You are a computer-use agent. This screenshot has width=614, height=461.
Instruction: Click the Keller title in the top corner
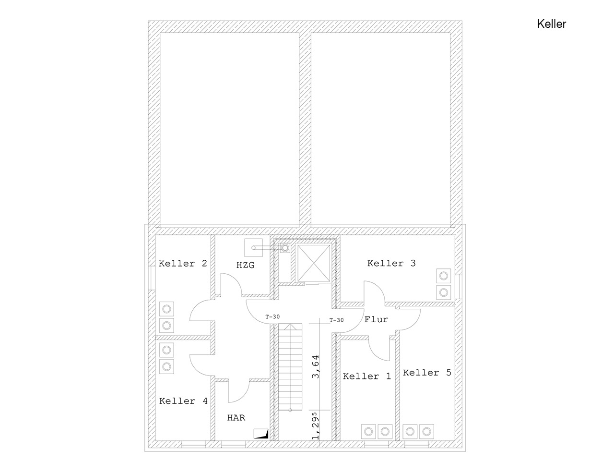tap(551, 24)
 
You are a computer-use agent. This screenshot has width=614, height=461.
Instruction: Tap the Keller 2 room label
tap(183, 263)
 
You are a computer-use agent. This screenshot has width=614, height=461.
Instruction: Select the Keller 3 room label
tap(391, 263)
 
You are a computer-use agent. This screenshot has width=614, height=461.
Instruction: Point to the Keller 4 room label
tap(183, 401)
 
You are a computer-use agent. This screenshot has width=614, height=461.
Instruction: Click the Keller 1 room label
tap(367, 376)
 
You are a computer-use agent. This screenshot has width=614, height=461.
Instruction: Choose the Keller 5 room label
tap(427, 373)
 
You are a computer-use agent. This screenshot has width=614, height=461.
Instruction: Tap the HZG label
tap(245, 265)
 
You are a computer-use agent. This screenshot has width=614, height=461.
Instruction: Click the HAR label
tap(236, 418)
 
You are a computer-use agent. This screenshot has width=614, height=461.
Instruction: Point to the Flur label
tap(376, 319)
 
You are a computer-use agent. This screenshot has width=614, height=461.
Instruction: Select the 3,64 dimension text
tap(316, 367)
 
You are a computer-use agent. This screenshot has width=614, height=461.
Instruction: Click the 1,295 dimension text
tap(315, 425)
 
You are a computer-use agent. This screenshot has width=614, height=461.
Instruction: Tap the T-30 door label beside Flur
tap(336, 320)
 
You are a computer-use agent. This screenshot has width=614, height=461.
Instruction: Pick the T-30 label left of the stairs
tap(272, 316)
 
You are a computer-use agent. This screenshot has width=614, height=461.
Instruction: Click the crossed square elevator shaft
tap(314, 263)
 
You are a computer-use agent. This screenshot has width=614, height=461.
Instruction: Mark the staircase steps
tap(290, 367)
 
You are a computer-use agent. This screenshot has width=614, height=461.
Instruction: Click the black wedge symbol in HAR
tap(261, 434)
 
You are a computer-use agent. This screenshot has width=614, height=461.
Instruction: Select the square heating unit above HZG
tap(253, 247)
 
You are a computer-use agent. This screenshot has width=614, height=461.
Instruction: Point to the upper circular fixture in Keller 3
tap(443, 276)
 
